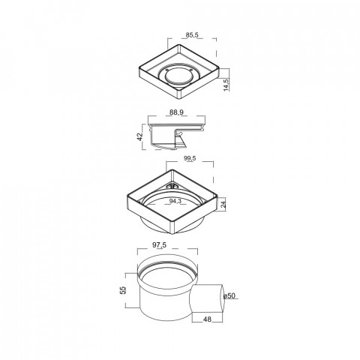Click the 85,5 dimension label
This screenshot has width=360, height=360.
[x=192, y=35]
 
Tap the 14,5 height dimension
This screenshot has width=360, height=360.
[x=226, y=85]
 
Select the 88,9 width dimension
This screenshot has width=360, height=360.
[x=176, y=112]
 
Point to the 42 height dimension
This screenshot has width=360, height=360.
[x=139, y=136]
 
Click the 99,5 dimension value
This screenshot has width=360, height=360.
[x=190, y=158]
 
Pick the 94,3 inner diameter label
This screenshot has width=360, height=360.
[x=175, y=201]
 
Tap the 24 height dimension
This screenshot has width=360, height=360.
[x=223, y=205]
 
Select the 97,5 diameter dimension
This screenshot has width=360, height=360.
[x=159, y=245]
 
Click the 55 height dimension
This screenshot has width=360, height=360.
[x=123, y=290]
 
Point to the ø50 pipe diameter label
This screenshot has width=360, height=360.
[x=229, y=295]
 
